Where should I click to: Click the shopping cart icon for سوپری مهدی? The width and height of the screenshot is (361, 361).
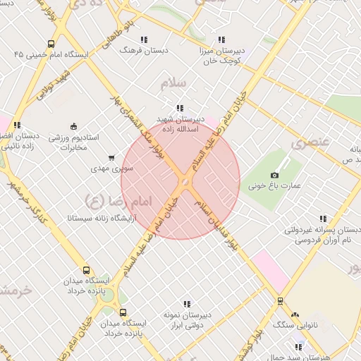point(111,158)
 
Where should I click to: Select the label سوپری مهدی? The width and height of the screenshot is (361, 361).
point(109,169)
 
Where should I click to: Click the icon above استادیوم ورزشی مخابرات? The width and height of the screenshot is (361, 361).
point(74,126)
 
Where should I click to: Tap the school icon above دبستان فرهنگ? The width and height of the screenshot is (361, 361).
point(145,39)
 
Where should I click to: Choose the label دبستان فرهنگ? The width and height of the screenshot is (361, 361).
point(136,51)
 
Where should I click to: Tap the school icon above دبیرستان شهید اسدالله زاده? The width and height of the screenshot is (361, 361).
point(180,108)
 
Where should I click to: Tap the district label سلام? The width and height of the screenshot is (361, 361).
point(173,82)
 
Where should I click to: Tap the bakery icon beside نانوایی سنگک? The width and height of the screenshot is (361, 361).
point(295,314)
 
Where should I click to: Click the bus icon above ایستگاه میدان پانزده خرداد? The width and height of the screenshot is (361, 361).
point(87,270)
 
